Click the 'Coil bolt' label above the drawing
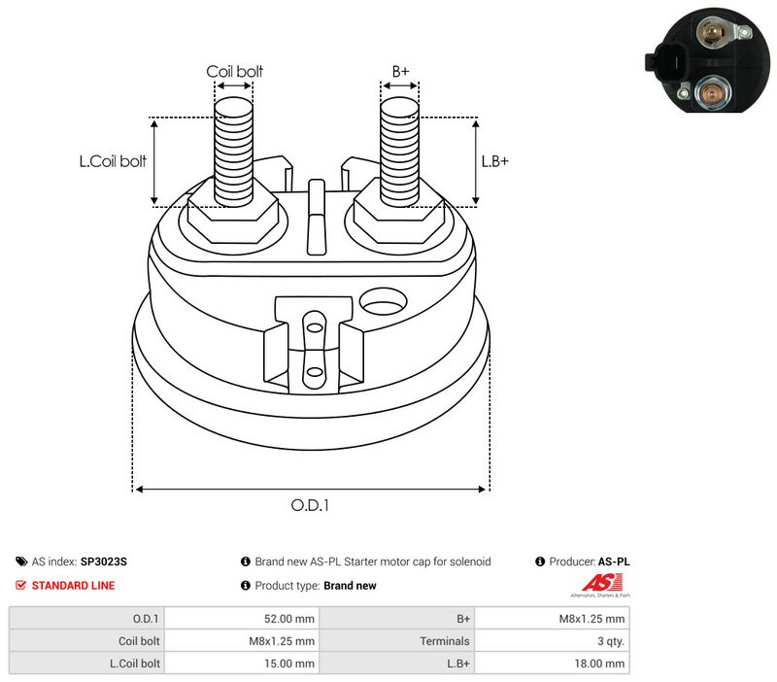point(234,71)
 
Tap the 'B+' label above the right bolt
point(400,71)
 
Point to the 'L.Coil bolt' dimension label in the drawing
point(113,161)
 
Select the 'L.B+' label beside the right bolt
point(495,161)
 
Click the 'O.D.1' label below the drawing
point(310,505)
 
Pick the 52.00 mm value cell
point(288,619)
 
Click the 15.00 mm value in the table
point(288,664)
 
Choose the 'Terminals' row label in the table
point(445,641)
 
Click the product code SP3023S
point(104,562)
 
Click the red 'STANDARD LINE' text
point(74,586)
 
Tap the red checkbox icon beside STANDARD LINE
point(20,586)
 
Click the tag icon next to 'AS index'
point(21,562)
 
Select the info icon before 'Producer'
point(540,562)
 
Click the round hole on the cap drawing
point(383,301)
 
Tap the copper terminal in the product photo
point(710,92)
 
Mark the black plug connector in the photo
point(665,62)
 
